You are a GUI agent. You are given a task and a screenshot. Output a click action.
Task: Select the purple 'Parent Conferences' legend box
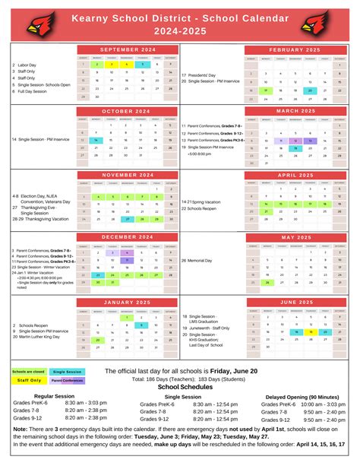pyautogui.click(x=67, y=380)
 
